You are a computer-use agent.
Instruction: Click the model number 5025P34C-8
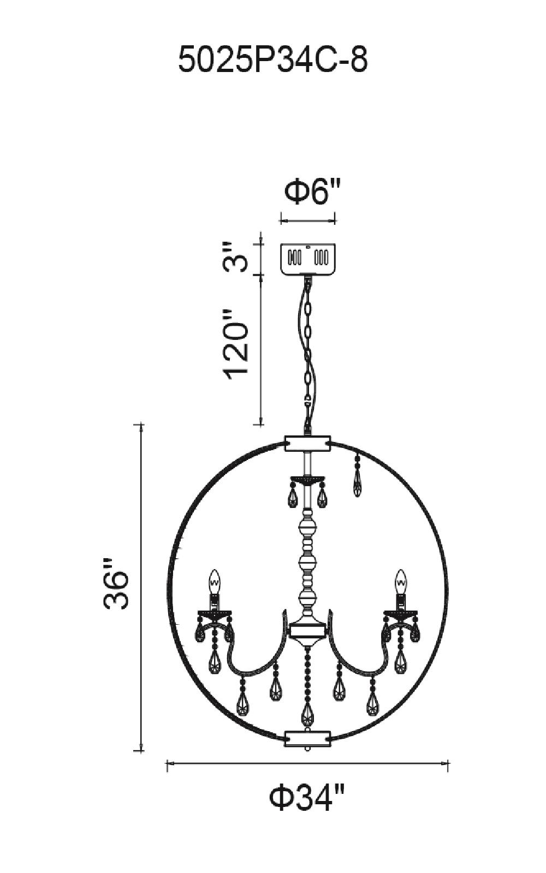tap(273, 60)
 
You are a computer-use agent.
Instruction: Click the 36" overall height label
tap(116, 583)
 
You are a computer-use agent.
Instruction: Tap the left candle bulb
tap(215, 582)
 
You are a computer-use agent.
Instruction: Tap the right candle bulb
tap(401, 582)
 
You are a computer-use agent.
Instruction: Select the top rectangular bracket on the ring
tap(308, 443)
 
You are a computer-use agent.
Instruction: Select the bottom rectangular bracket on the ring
tap(308, 738)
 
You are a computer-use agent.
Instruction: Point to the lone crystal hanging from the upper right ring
tap(357, 483)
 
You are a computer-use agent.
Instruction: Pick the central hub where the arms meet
tap(308, 631)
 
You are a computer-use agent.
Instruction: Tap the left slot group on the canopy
tap(295, 256)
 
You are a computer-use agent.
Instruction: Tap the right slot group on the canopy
tap(321, 256)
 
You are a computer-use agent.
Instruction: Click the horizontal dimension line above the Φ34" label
tap(307, 765)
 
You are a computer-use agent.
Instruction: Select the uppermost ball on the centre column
tap(308, 528)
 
